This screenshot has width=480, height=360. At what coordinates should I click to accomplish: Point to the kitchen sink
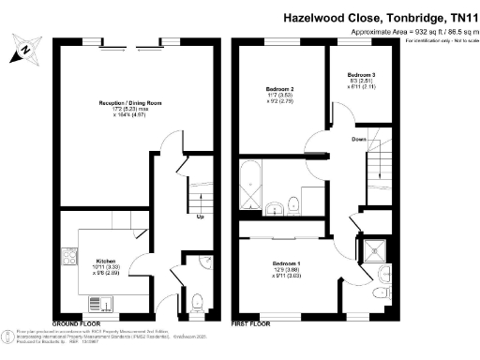pos(97,303)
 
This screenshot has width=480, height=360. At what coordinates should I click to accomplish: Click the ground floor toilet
pos(195,302)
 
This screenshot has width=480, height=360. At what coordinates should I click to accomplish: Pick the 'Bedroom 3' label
pos(361,73)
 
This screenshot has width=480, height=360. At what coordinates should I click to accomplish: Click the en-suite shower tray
pos(377,248)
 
